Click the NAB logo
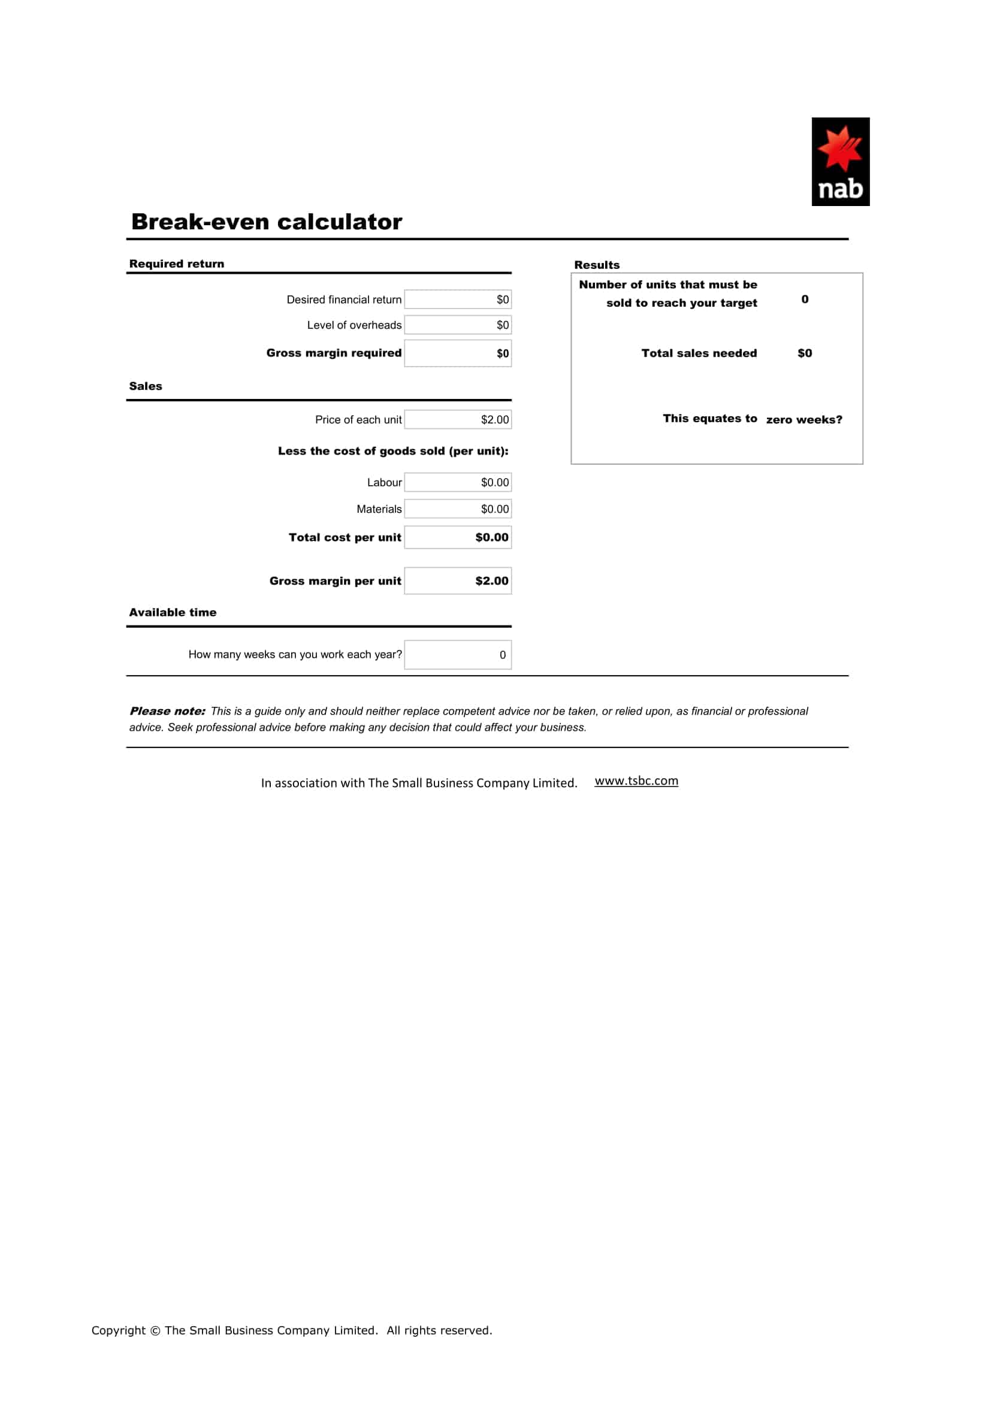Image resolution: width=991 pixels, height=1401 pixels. (839, 161)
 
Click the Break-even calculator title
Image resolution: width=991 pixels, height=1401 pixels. (267, 222)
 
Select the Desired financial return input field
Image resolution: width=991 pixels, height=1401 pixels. (458, 299)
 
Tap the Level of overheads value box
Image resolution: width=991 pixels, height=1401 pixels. (458, 325)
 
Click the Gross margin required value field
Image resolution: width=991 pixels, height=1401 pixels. (458, 353)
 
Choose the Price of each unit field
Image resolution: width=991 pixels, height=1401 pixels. (458, 419)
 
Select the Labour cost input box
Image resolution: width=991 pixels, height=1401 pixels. (458, 482)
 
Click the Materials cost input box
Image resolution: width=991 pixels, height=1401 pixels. (458, 509)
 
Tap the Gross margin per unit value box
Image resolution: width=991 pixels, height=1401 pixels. (458, 581)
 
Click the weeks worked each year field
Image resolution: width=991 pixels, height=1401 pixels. (458, 655)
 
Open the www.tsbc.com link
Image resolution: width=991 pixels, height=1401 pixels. (636, 781)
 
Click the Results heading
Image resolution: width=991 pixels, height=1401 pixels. (596, 265)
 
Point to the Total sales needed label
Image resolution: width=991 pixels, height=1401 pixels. (699, 353)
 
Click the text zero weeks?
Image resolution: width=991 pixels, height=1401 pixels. (803, 420)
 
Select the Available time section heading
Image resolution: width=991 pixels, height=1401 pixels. (173, 612)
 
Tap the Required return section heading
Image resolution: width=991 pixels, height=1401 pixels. (176, 264)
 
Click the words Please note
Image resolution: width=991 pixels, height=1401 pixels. (167, 711)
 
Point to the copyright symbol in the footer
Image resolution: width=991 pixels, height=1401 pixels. (155, 1331)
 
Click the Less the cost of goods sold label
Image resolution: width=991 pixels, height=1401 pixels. (393, 451)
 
